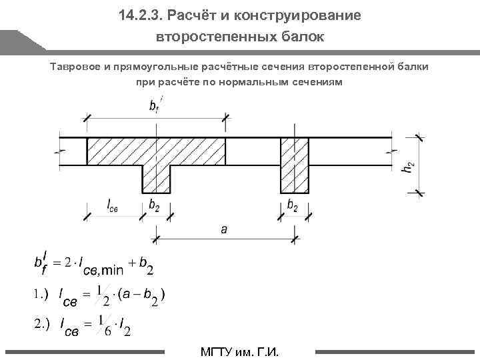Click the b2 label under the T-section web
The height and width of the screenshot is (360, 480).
click(154, 205)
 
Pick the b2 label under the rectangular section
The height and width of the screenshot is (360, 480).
click(292, 205)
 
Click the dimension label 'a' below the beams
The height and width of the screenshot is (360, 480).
click(224, 229)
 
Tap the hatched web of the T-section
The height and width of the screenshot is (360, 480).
click(157, 178)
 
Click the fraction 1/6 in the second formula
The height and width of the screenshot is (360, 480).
click(103, 324)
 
